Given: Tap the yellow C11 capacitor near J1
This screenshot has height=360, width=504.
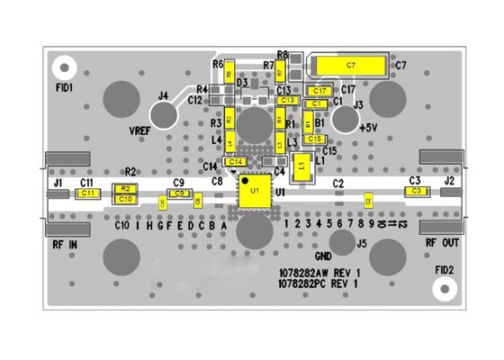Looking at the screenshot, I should (87, 193).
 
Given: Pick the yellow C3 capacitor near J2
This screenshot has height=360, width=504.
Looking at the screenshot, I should (415, 192).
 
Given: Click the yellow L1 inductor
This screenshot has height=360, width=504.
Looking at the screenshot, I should (303, 165).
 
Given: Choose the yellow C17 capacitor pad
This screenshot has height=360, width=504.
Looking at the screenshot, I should (319, 91).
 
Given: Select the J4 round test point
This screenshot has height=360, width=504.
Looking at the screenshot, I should (163, 114).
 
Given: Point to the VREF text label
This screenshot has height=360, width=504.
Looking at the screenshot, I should (139, 131).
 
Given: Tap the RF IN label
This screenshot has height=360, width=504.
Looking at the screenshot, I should (64, 243).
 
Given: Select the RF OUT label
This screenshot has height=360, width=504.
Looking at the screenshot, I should (443, 242).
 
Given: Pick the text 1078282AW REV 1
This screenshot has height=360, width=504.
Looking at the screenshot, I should (319, 272).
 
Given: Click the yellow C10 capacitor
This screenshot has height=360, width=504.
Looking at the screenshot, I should (125, 199).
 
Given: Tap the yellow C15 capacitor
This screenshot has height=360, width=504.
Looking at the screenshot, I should (315, 139).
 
